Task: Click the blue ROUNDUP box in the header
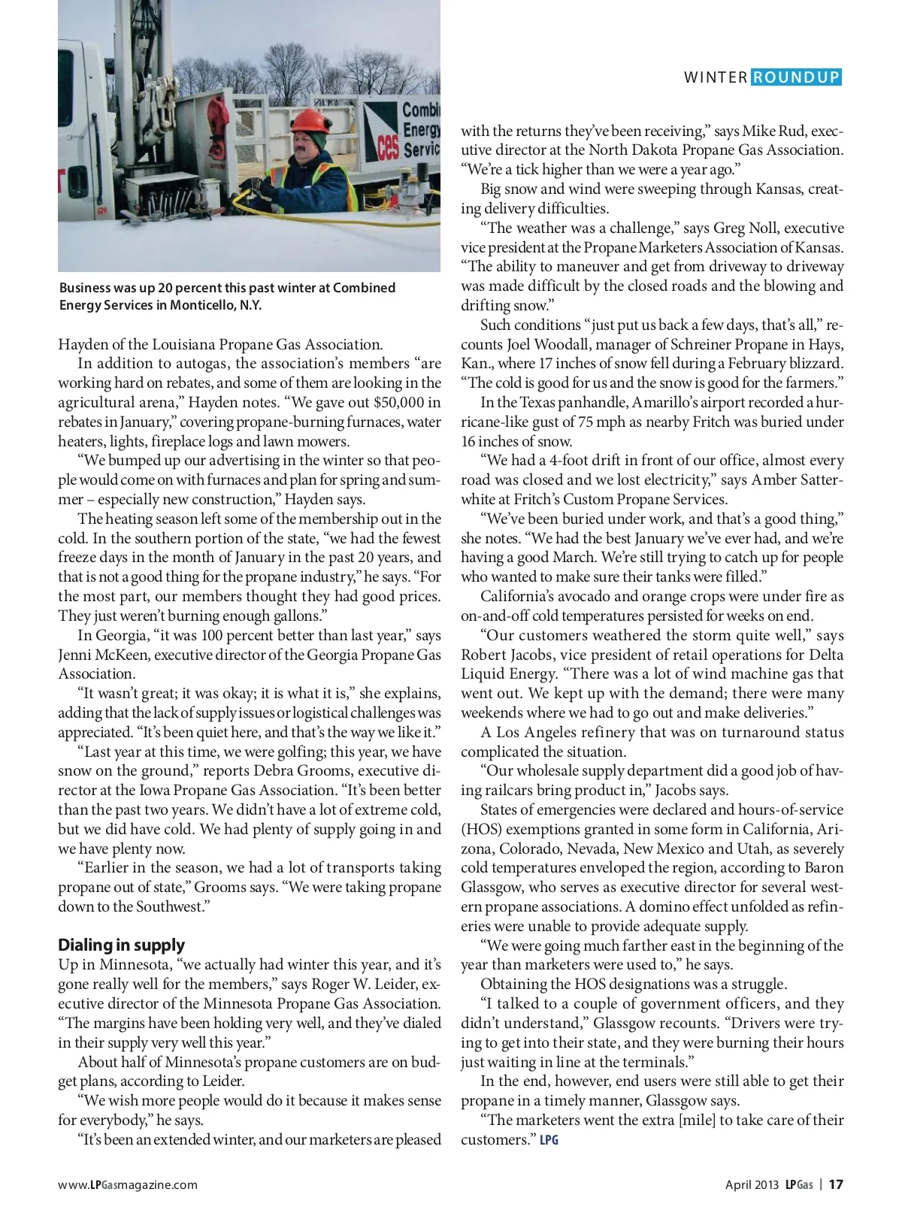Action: (796, 77)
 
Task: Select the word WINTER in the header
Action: (716, 77)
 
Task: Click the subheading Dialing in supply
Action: (121, 945)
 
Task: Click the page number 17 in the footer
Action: (836, 1184)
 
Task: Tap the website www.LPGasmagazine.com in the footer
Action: (128, 1185)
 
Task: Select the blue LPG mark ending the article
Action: (549, 1140)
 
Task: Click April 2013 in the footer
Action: (752, 1185)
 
